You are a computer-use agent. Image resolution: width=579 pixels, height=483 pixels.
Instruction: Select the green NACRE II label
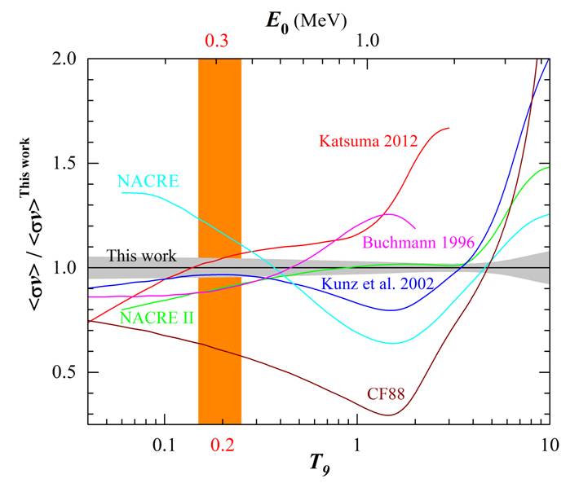pos(157,317)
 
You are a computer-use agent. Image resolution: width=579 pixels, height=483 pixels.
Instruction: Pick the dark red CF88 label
pos(382,397)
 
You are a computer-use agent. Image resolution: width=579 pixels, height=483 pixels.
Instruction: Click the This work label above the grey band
pos(140,255)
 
